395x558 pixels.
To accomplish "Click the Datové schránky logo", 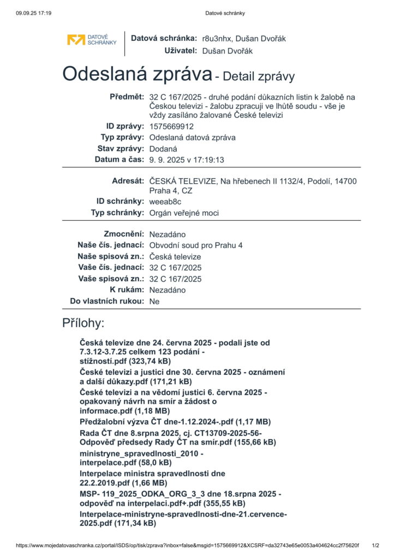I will pos(92,40).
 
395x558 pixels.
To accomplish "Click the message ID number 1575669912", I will pos(171,126).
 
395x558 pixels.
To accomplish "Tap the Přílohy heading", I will pos(83,323).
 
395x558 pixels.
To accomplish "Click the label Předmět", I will pos(128,96).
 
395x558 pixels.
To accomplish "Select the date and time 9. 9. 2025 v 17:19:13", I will pos(187,160).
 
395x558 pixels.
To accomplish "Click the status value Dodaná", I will pos(163,149).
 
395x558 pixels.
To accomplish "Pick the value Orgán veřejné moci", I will pos(184,213).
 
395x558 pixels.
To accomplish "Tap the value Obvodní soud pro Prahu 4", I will pos(196,245).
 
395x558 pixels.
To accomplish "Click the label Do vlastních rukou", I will pos(107,301).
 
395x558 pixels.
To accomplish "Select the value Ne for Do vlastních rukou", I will pos(154,301).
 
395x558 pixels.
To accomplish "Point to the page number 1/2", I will pos(375,545).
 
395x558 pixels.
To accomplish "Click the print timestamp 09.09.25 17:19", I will pos(34,13).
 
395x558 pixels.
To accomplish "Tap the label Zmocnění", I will pos(124,234).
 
